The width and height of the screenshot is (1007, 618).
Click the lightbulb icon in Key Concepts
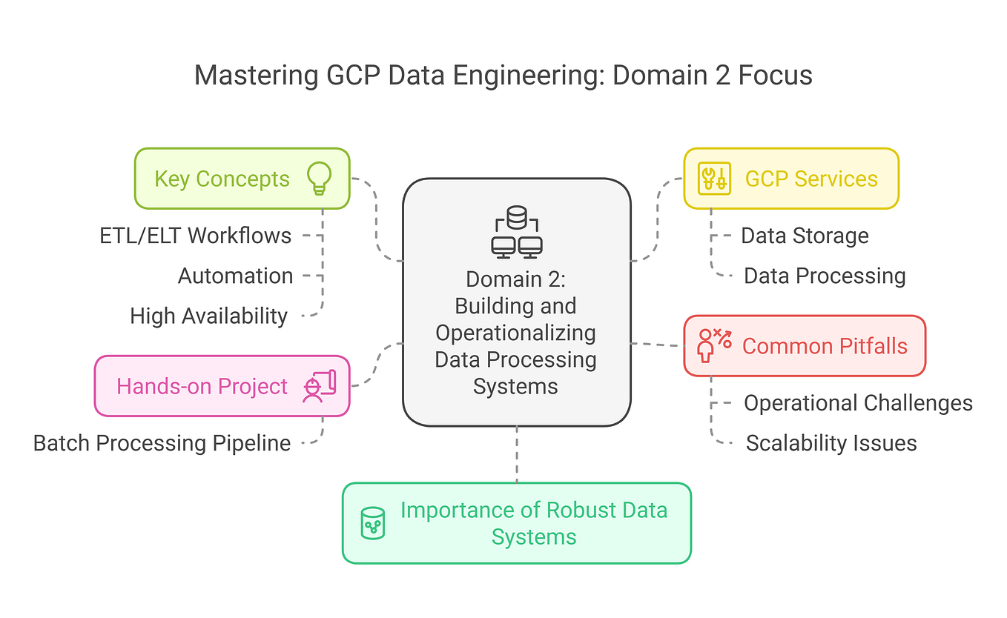(x=319, y=179)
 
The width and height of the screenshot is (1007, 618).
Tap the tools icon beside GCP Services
(x=714, y=179)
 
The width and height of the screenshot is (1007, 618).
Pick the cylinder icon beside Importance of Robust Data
(x=372, y=522)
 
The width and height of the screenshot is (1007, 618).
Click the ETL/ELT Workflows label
(x=196, y=236)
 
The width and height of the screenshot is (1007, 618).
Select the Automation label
(x=235, y=276)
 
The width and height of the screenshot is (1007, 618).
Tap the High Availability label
(x=208, y=316)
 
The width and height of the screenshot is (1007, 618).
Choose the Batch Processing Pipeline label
(x=162, y=443)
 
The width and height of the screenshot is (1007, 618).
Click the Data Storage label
(x=805, y=236)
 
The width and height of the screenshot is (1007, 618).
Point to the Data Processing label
(x=825, y=276)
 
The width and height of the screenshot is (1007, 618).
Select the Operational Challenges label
(x=858, y=403)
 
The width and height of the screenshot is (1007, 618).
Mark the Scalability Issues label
(x=831, y=443)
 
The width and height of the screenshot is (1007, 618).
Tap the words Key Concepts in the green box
(x=222, y=179)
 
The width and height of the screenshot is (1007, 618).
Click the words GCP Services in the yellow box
(x=811, y=179)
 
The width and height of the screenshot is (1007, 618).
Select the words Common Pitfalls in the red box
(x=825, y=346)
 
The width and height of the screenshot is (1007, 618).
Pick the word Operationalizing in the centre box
(x=516, y=333)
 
